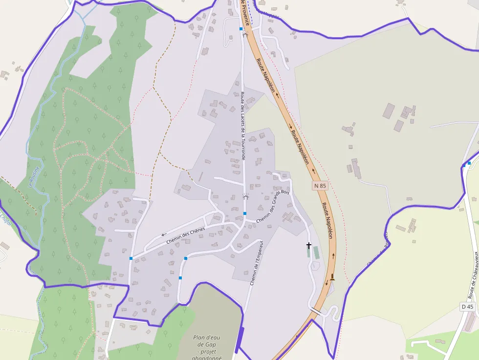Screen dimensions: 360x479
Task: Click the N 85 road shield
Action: click(320, 186)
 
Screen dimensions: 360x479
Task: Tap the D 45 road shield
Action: click(467, 307)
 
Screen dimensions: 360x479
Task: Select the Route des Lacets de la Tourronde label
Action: click(242, 126)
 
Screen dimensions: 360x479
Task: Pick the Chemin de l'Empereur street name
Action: click(257, 263)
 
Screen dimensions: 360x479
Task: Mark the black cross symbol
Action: click(308, 245)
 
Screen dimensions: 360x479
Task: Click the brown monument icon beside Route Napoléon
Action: click(332, 277)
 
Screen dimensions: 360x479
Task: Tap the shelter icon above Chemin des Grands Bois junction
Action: click(245, 196)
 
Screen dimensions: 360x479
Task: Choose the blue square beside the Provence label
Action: click(241, 29)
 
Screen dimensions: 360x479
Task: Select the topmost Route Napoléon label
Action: click(265, 75)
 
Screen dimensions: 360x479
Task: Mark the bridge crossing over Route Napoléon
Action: click(316, 311)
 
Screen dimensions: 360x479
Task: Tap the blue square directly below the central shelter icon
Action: click(245, 213)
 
